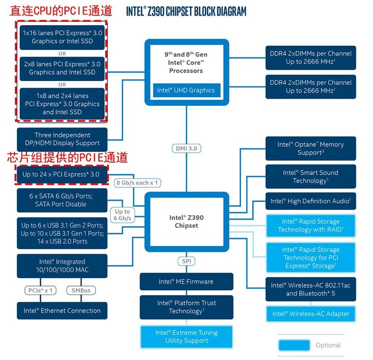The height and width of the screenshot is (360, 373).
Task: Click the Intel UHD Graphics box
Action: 186,90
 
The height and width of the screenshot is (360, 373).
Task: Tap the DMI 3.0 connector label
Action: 186,148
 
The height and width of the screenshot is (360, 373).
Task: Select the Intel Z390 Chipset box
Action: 186,222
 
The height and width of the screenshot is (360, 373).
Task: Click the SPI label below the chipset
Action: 186,261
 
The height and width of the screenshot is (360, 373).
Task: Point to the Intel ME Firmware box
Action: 186,282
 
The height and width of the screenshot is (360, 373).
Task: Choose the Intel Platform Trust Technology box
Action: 186,307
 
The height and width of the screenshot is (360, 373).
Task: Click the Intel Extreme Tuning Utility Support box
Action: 186,337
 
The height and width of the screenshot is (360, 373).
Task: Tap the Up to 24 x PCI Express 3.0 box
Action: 61,175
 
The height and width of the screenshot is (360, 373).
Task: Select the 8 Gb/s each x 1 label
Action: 137,183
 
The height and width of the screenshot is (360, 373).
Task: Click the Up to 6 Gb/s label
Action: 123,215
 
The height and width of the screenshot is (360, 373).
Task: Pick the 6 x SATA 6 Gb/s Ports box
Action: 61,200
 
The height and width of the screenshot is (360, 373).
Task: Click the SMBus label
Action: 81,290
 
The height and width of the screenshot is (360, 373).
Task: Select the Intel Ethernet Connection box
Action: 62,311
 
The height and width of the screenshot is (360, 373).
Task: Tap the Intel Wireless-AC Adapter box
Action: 311,314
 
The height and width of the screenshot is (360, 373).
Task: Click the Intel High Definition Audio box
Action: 311,201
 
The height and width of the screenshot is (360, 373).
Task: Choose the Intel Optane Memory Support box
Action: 311,149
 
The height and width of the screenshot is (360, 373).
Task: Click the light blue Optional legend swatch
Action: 294,345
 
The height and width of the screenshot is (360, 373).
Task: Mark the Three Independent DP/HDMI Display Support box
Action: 61,139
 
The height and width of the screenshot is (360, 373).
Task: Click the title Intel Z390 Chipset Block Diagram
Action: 186,11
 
